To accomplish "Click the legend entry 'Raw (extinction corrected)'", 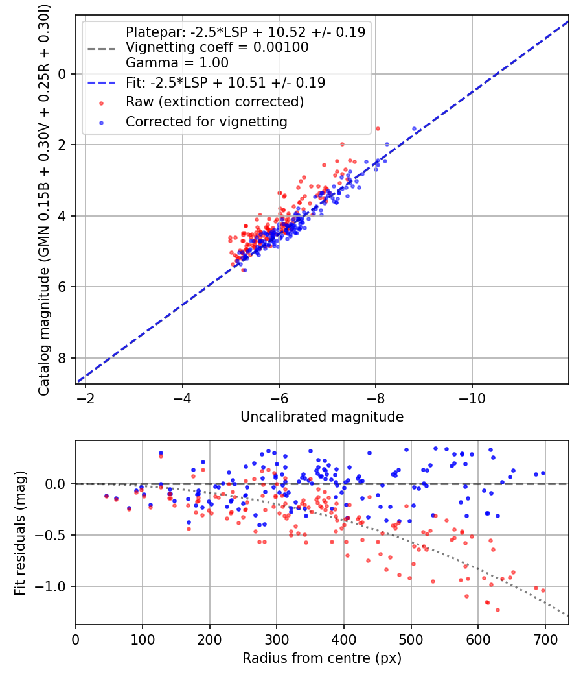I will [214, 102].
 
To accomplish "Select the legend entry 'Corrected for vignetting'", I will [206, 121].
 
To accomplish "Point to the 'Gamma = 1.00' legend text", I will [177, 63].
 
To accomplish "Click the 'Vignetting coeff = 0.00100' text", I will [217, 47].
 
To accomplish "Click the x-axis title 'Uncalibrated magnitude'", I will [322, 417].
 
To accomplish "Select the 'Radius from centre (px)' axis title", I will [322, 658].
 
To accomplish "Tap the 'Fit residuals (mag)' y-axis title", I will [20, 532].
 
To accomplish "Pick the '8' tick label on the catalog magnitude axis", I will [63, 358].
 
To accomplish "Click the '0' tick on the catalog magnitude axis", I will [63, 74].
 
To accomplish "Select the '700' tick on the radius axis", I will [545, 638].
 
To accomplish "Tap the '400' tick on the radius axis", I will [344, 638].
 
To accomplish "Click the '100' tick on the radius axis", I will [143, 638].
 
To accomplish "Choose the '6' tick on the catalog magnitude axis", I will [63, 287].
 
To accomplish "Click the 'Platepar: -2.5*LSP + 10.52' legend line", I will [245, 32].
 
